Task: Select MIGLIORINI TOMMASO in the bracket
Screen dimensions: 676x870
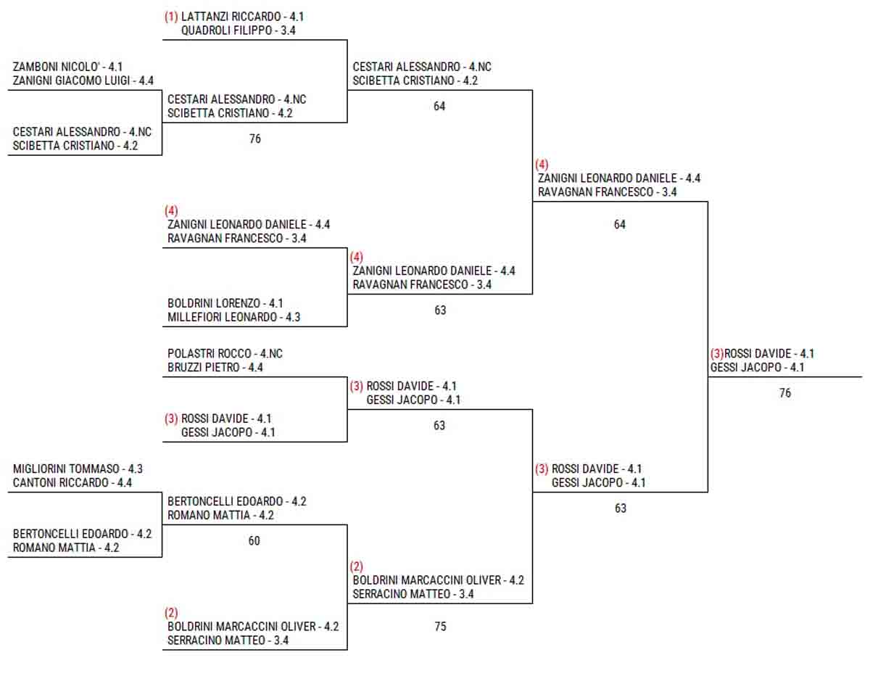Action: (67, 469)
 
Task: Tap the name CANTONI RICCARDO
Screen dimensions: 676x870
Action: (61, 482)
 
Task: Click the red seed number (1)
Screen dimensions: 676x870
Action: (171, 16)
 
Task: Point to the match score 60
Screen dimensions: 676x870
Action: (254, 541)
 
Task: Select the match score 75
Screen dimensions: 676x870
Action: (440, 627)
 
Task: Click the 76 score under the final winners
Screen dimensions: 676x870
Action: (785, 393)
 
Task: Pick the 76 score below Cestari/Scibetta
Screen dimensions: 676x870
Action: (254, 139)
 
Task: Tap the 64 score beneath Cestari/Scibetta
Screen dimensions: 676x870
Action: (439, 107)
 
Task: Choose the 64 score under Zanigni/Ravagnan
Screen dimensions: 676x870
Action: (619, 225)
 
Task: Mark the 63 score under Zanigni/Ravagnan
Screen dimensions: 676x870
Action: (440, 310)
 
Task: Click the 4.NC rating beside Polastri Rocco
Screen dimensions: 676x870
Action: (271, 353)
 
